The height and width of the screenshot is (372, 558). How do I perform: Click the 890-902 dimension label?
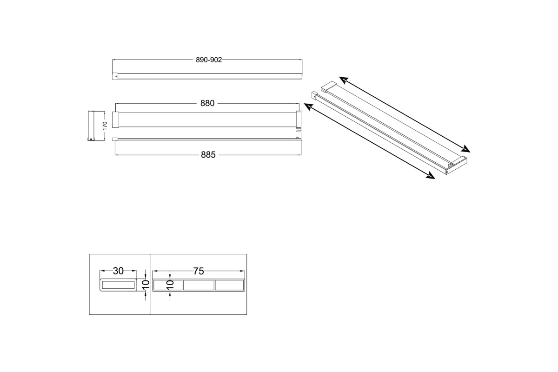pyautogui.click(x=209, y=60)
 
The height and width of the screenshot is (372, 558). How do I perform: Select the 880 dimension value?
pyautogui.click(x=207, y=103)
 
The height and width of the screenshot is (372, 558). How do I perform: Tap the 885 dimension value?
pyautogui.click(x=208, y=155)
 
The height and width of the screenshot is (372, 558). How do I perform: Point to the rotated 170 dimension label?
pyautogui.click(x=105, y=126)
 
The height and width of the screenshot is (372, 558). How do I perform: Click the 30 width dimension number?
pyautogui.click(x=118, y=271)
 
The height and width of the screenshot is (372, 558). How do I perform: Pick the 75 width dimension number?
pyautogui.click(x=199, y=271)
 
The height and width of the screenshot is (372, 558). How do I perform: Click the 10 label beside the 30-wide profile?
pyautogui.click(x=146, y=285)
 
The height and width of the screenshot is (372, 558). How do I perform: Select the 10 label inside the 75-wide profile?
pyautogui.click(x=170, y=285)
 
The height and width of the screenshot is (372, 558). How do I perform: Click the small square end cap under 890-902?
pyautogui.click(x=115, y=76)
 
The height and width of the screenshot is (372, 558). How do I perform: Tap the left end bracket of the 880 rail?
pyautogui.click(x=115, y=120)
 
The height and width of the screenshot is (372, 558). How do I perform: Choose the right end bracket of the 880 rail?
pyautogui.click(x=299, y=120)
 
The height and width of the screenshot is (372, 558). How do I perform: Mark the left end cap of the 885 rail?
pyautogui.click(x=114, y=139)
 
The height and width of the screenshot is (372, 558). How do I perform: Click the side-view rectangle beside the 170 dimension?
pyautogui.click(x=91, y=126)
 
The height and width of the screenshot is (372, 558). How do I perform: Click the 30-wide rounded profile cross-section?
pyautogui.click(x=118, y=285)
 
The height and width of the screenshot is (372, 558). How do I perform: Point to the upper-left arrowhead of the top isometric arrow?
pyautogui.click(x=343, y=80)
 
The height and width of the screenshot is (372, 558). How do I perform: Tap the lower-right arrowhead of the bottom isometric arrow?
pyautogui.click(x=431, y=176)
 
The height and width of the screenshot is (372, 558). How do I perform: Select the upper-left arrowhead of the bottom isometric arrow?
pyautogui.click(x=308, y=106)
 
